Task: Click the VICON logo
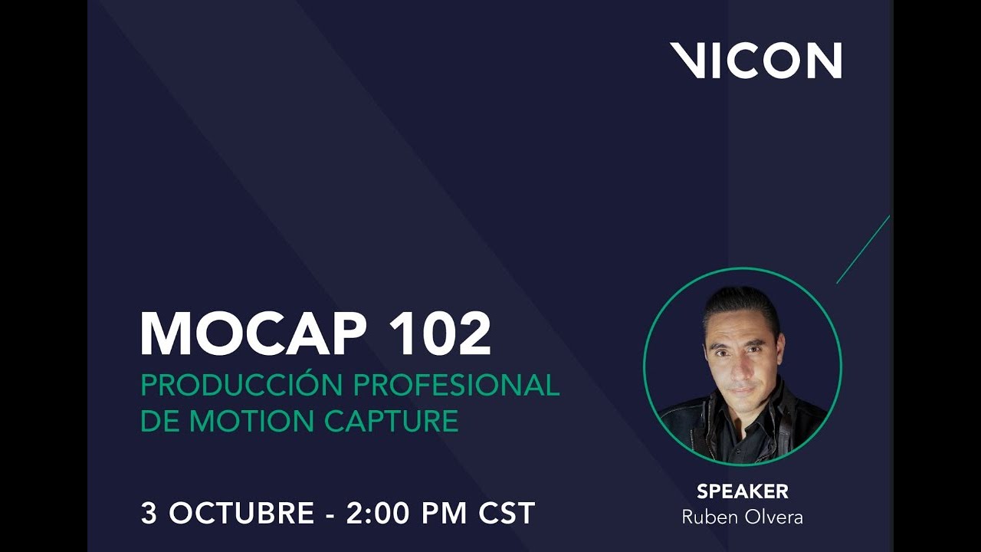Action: point(756,61)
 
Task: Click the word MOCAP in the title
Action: point(258,334)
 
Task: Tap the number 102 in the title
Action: point(440,334)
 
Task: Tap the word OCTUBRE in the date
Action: point(241,514)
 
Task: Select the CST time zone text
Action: point(508,514)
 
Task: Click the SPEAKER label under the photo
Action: point(742,491)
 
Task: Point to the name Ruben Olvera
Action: point(742,517)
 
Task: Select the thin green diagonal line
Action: point(863,249)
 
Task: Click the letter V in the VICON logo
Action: point(687,61)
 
